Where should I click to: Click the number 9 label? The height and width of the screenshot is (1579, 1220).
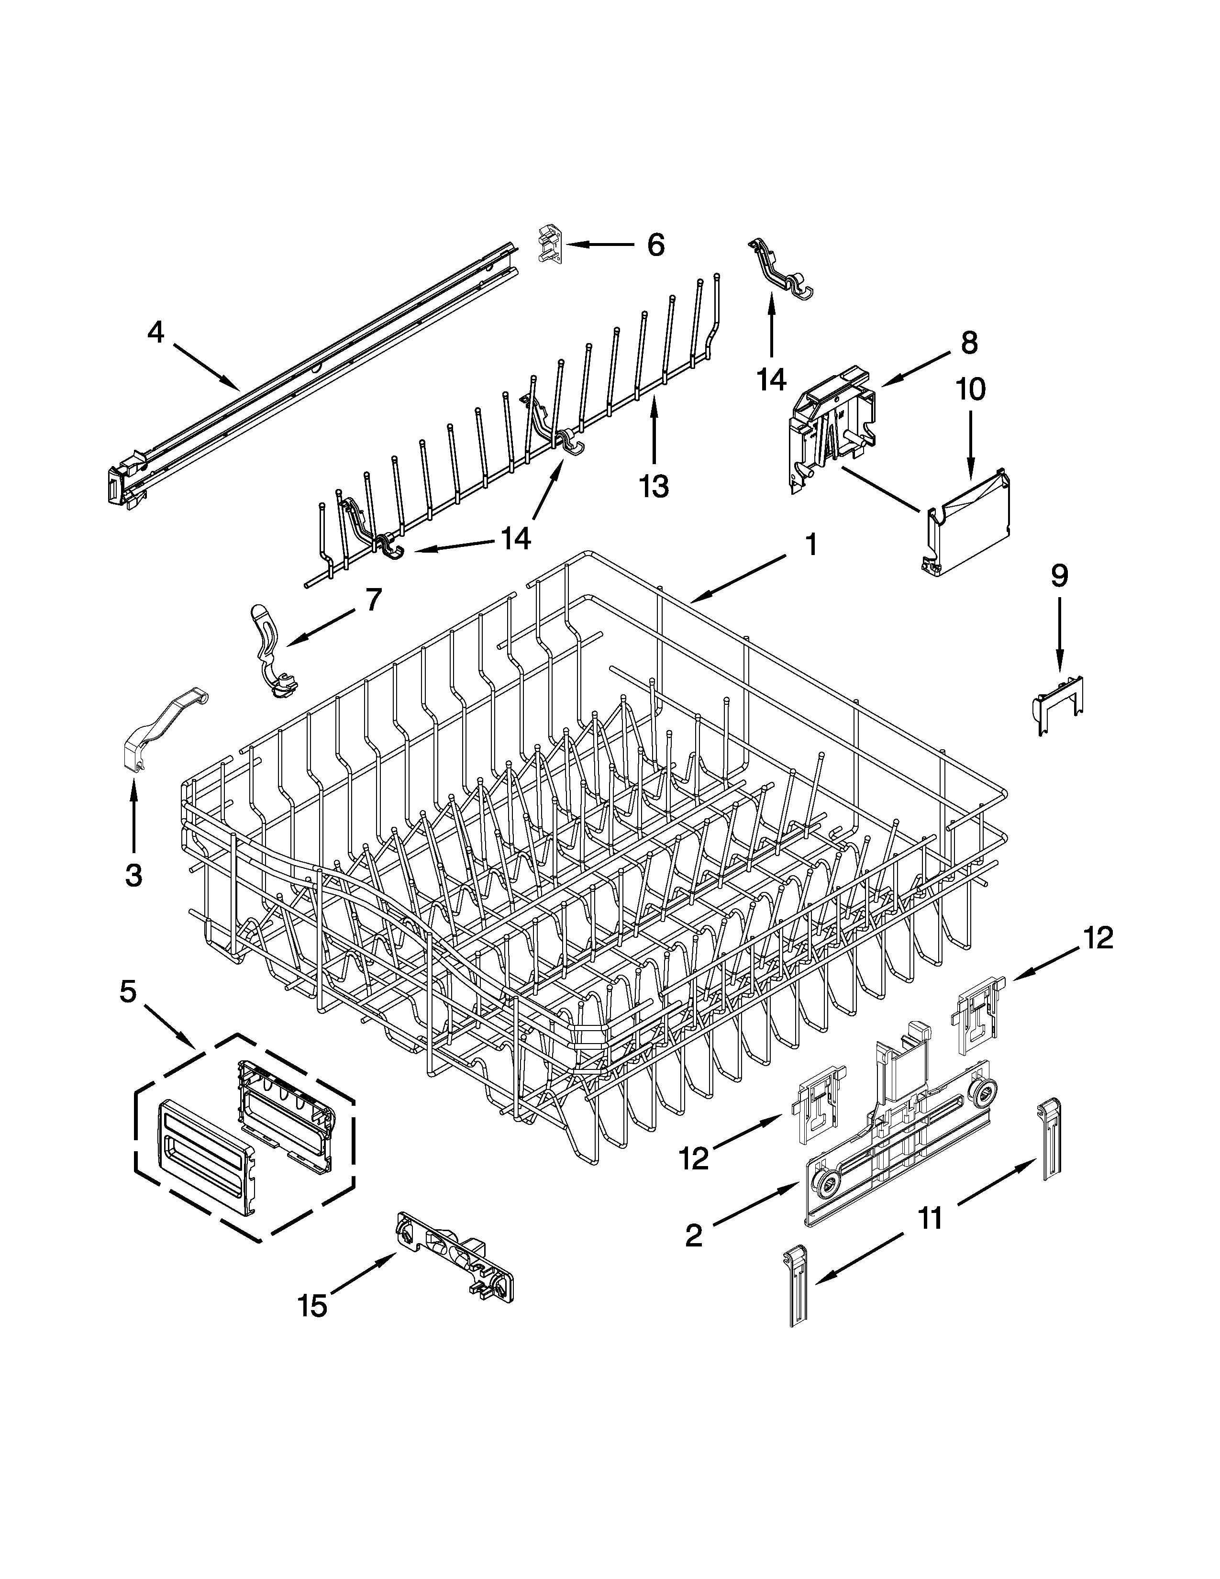1059,576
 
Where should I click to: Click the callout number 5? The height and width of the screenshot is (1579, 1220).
127,992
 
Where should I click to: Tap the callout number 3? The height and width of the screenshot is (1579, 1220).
133,876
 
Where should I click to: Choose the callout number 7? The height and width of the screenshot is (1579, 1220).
373,600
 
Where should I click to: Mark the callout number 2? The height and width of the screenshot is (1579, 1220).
693,1235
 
